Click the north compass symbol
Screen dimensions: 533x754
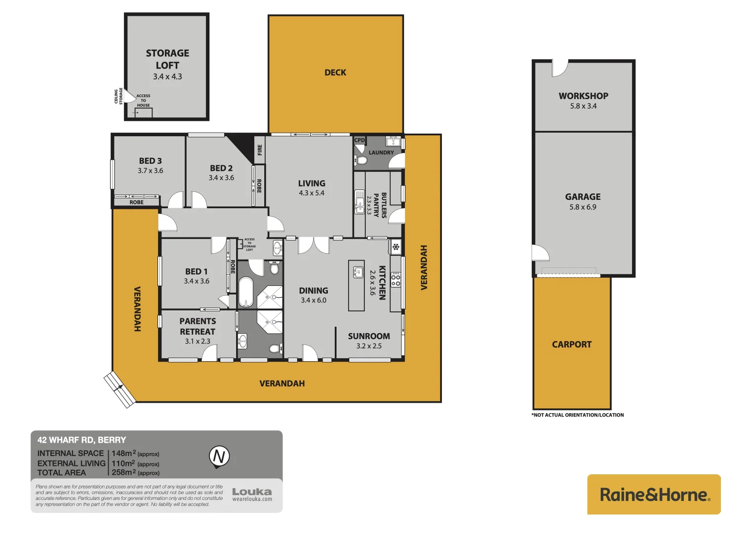coord(219,456)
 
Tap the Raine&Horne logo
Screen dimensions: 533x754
coord(654,495)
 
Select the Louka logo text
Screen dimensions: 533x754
coord(252,492)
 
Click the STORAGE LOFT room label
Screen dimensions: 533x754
coord(167,59)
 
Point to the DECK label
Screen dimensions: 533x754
coord(335,73)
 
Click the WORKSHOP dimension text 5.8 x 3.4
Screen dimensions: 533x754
coord(583,106)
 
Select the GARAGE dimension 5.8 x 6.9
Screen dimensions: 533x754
coord(583,207)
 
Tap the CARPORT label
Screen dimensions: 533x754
coord(571,344)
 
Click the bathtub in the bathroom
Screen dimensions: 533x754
coord(245,292)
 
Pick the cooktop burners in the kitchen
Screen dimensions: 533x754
coord(396,280)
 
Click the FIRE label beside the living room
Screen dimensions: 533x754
coord(260,150)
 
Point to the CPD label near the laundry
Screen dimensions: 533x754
coord(359,140)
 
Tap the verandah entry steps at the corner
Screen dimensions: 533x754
coord(119,389)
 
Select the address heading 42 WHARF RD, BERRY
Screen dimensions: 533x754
coord(82,440)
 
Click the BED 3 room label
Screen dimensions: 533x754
coord(150,161)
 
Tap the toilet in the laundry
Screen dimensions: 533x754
coord(361,160)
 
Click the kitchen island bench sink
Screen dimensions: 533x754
coord(357,272)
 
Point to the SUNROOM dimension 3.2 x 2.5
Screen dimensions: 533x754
coord(369,346)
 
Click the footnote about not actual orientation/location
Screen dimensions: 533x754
coord(577,415)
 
